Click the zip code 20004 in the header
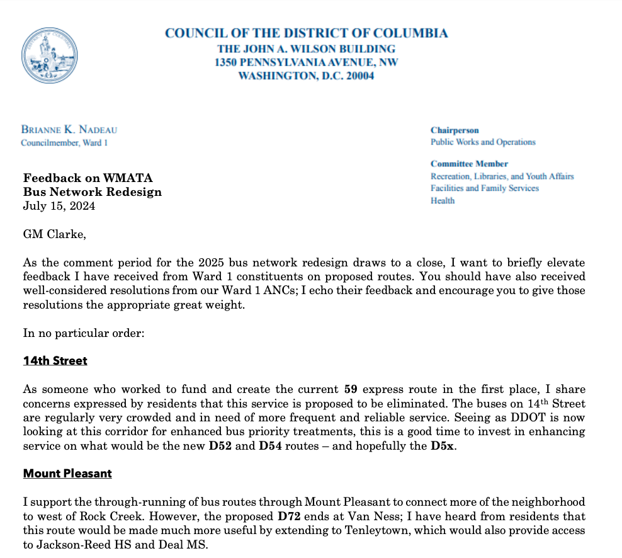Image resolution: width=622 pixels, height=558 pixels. point(358,76)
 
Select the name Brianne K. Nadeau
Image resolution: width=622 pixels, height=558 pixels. point(69,130)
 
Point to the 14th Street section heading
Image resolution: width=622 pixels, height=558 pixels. point(55,361)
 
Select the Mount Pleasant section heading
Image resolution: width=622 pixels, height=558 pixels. point(67,473)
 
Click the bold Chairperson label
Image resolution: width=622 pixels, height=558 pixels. point(455,130)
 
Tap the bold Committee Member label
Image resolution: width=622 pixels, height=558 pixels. point(469,164)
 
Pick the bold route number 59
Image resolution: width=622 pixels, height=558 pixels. point(351,389)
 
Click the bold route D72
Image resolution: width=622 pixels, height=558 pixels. point(290,515)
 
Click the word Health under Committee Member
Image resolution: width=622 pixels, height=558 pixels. point(443,200)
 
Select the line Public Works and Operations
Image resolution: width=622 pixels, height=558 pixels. point(483,142)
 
